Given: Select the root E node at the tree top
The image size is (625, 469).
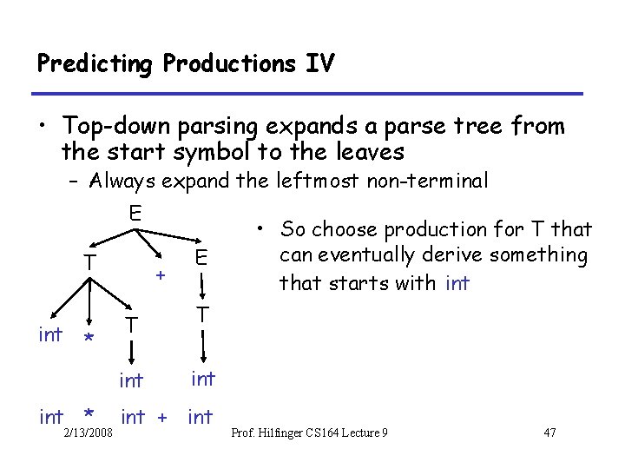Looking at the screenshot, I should (135, 214).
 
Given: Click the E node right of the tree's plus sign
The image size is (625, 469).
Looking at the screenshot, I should (201, 257).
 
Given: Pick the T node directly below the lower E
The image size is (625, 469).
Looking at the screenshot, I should (201, 314).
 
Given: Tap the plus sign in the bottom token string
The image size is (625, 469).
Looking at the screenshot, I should (161, 419).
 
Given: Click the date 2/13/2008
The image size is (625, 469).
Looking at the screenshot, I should (87, 433).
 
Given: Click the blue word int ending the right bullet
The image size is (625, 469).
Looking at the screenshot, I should (457, 283).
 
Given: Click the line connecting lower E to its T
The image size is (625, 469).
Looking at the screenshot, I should (201, 286).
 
